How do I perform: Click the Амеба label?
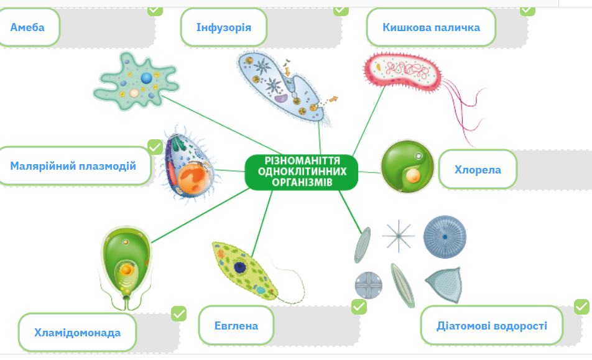[27, 27]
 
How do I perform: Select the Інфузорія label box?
[224, 27]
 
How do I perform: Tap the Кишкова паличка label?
[431, 27]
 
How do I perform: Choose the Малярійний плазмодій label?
[73, 166]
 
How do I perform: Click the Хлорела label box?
[478, 170]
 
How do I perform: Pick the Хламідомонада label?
[77, 333]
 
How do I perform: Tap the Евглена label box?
[236, 325]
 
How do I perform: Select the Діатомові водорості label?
[491, 325]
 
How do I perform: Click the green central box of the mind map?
[301, 172]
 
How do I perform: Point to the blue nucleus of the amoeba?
[147, 78]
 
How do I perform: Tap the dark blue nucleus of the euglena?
[240, 267]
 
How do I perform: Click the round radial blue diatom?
[445, 237]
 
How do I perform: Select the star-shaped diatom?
[399, 236]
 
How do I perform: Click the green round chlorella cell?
[407, 167]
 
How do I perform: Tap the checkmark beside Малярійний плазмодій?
[155, 147]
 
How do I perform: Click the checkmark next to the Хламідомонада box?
[178, 313]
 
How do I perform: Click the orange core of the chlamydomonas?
[126, 270]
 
